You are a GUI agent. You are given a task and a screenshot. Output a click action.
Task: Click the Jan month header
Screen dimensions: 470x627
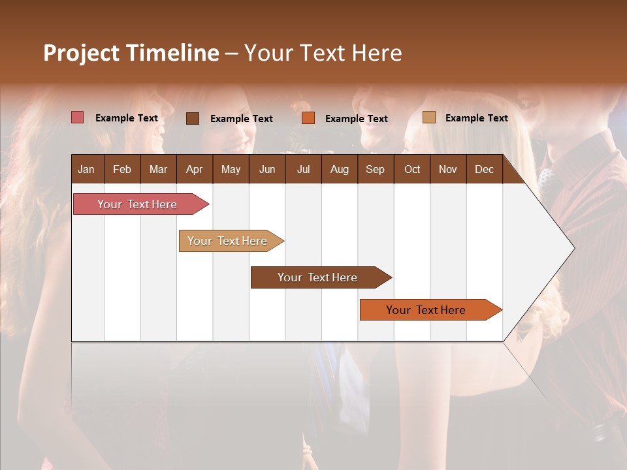[86, 169]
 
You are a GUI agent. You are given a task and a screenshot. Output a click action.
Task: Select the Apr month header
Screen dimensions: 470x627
[195, 169]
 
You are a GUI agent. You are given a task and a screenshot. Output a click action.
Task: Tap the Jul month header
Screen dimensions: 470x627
[303, 169]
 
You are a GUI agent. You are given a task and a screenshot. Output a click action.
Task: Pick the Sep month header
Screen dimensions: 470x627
[375, 169]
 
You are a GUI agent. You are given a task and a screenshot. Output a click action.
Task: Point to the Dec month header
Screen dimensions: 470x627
[484, 169]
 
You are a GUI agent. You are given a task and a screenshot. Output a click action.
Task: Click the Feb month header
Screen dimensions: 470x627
[122, 169]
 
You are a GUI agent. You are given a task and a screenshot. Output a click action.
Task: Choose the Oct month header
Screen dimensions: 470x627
[412, 169]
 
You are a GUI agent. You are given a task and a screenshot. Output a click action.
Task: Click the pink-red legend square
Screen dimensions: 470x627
[77, 117]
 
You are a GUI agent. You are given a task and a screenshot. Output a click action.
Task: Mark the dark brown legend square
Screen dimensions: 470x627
[192, 118]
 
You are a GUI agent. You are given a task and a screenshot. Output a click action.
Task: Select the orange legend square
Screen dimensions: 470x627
[308, 118]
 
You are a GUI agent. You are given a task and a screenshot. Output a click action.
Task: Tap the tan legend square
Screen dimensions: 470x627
[428, 117]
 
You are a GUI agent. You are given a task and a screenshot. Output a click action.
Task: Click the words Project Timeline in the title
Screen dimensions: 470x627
[131, 53]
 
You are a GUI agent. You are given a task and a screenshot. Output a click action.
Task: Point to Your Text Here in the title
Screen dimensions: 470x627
[323, 53]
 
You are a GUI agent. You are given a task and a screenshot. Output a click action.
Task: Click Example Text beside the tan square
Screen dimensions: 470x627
[476, 118]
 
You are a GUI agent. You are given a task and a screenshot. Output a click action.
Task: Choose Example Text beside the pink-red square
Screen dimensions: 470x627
[127, 118]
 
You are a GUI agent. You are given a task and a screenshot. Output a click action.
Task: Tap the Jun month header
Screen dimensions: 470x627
[267, 169]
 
